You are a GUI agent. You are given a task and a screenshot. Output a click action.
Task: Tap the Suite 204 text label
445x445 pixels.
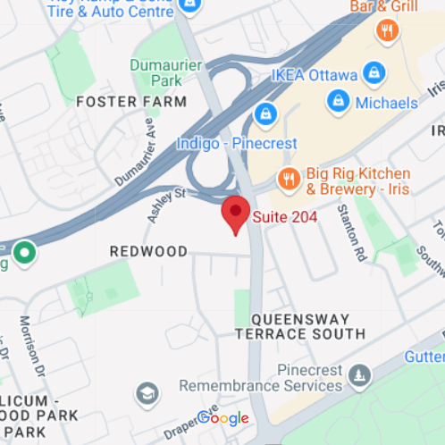click(x=284, y=216)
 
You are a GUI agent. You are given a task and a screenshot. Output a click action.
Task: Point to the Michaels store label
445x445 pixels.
click(x=386, y=103)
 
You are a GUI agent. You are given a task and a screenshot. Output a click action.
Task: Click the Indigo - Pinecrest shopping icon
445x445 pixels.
click(x=264, y=114)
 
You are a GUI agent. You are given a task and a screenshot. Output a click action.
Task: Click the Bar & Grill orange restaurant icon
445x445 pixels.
click(x=387, y=32)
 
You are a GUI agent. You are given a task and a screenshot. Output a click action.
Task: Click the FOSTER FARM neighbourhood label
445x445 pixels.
click(x=131, y=102)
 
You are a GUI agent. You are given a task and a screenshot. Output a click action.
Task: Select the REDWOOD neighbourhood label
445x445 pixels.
click(x=148, y=252)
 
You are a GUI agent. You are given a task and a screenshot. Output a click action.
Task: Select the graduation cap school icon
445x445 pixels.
click(x=146, y=392)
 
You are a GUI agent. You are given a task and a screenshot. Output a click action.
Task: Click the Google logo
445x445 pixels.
click(x=222, y=418)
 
